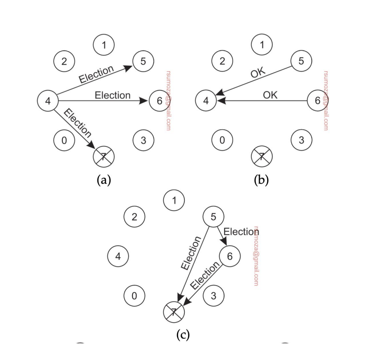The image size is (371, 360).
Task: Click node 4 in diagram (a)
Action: click(x=48, y=101)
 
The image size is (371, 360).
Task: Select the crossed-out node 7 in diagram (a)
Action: click(x=104, y=157)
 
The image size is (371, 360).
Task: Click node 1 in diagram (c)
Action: click(x=174, y=201)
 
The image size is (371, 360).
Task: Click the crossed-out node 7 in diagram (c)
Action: click(x=174, y=312)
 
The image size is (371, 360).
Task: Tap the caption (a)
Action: click(x=104, y=180)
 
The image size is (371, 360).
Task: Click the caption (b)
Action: click(x=262, y=180)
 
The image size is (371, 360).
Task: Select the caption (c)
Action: click(x=183, y=334)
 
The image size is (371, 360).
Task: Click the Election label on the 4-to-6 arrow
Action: click(x=112, y=95)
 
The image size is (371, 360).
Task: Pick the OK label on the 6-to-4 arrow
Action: click(x=270, y=95)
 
